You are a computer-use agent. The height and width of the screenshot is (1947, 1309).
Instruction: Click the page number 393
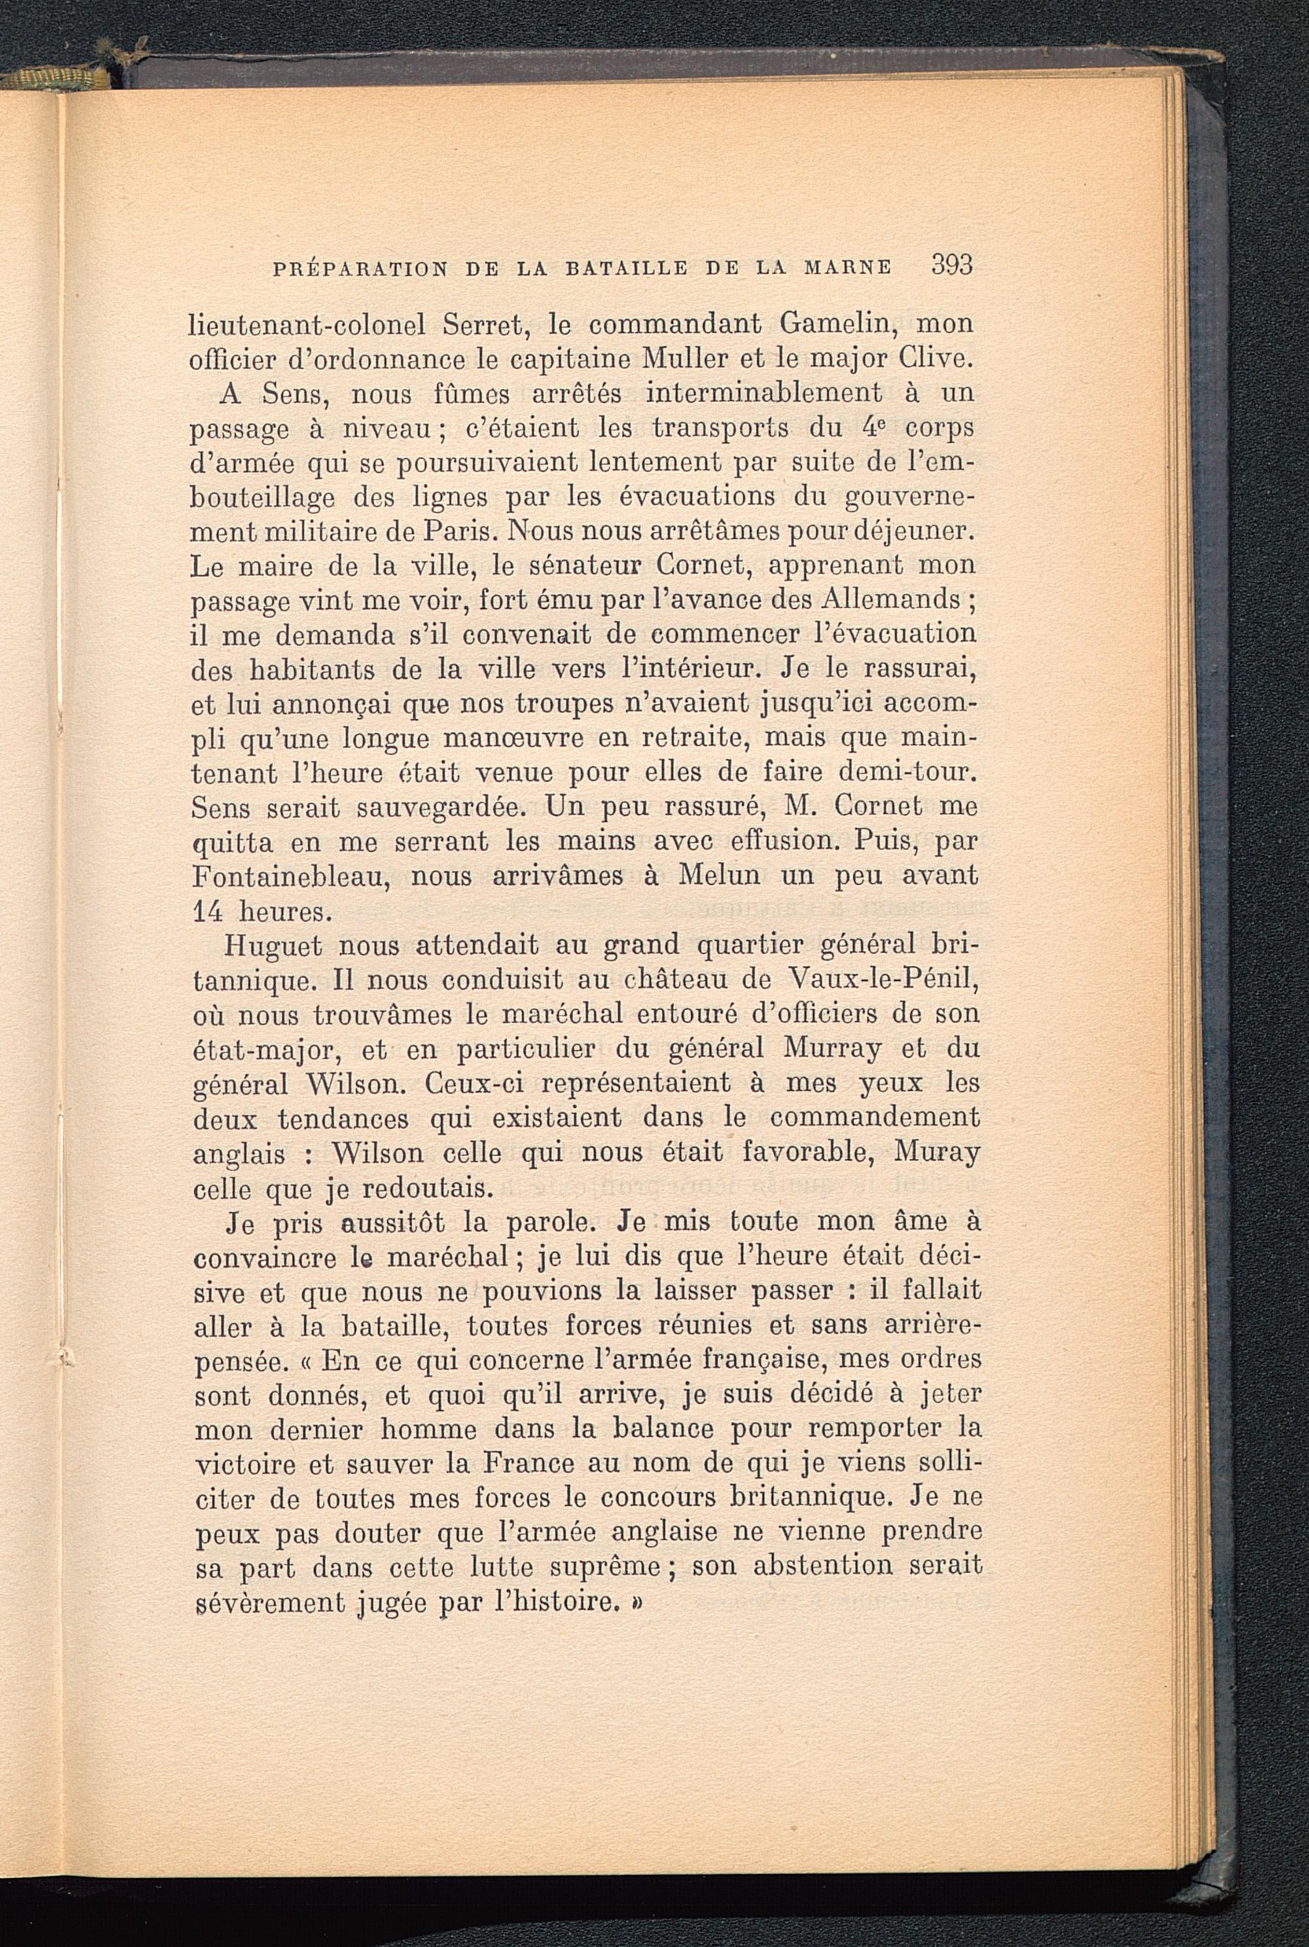[x=952, y=266]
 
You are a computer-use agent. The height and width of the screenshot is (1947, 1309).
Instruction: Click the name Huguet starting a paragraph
[x=274, y=946]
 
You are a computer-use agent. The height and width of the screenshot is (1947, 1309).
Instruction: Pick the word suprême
[x=605, y=1567]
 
